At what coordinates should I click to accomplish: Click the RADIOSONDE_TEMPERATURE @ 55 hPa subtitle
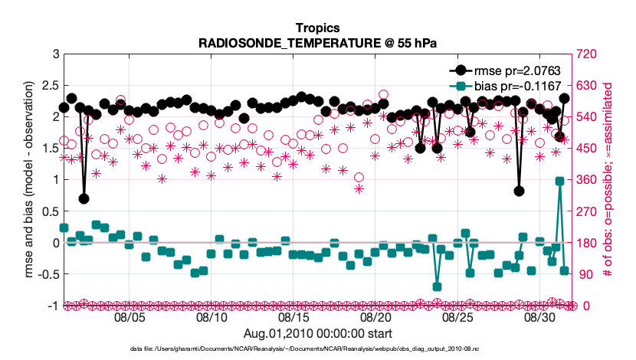(317, 42)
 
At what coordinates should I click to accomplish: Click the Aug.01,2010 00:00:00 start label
(317, 333)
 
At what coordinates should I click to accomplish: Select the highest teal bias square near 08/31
(560, 181)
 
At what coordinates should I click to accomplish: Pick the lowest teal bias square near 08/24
(437, 286)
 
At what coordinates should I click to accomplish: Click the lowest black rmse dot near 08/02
(84, 198)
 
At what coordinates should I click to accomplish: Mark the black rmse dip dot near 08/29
(520, 191)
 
